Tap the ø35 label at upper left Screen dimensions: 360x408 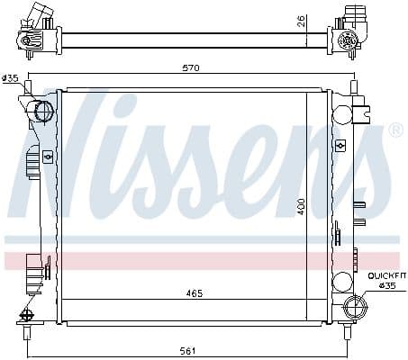click(x=11, y=78)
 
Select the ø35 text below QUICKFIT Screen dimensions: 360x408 click(x=387, y=285)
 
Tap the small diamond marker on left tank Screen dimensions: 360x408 click(x=42, y=143)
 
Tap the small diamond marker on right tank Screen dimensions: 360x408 click(x=340, y=144)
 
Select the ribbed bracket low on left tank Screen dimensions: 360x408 click(x=34, y=269)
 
